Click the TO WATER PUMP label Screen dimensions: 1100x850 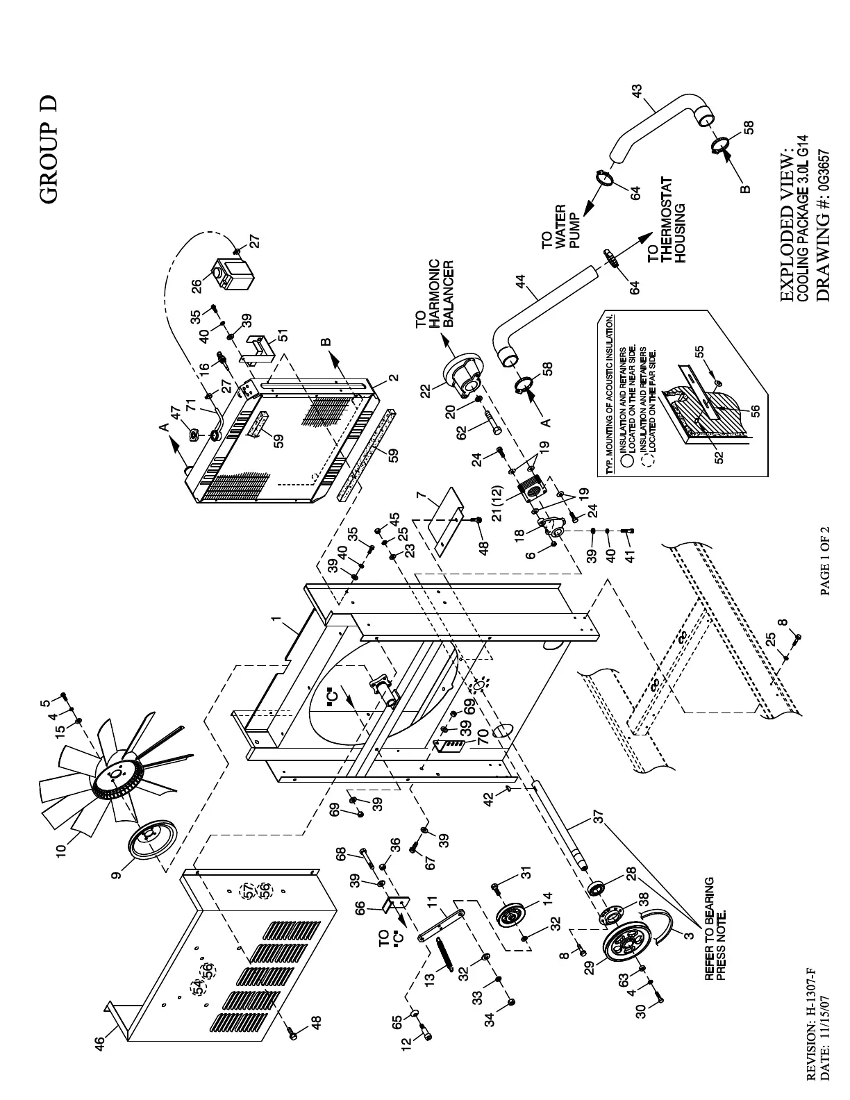[x=561, y=226]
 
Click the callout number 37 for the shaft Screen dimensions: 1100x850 [x=599, y=817]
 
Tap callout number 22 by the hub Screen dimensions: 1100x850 [x=426, y=392]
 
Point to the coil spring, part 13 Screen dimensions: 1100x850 [x=447, y=955]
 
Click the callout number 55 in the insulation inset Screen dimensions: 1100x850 [x=701, y=352]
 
